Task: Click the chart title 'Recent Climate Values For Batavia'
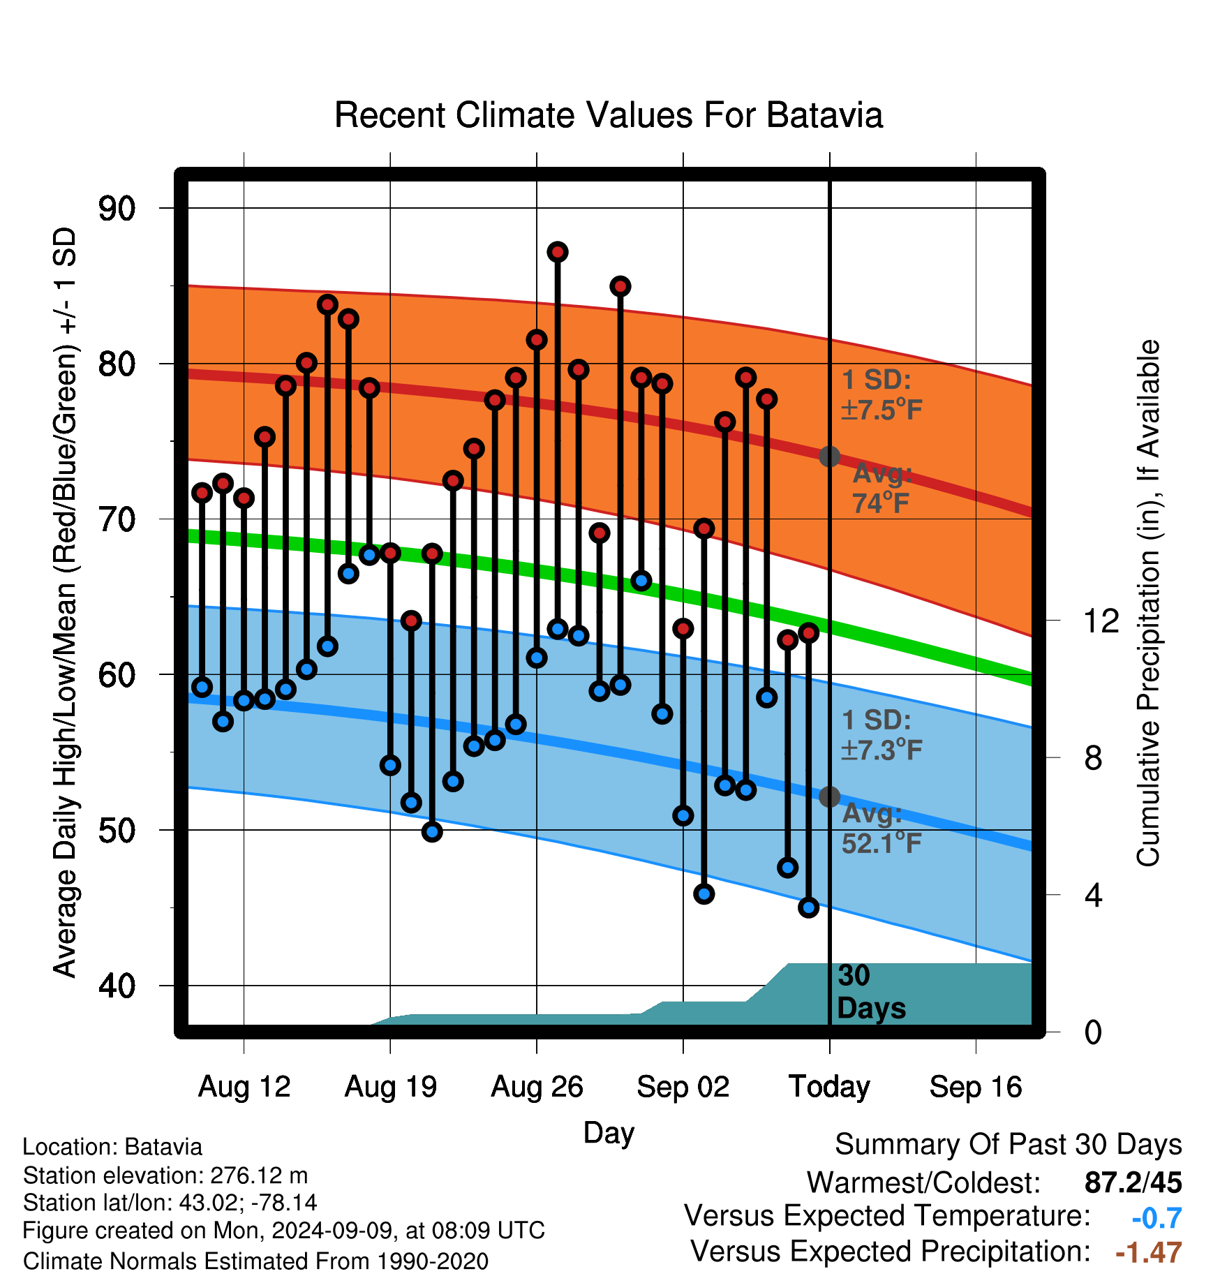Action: pyautogui.click(x=609, y=115)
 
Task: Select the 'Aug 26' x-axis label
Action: pyautogui.click(x=537, y=1087)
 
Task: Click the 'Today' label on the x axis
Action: pyautogui.click(x=829, y=1087)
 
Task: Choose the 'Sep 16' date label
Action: pyautogui.click(x=976, y=1087)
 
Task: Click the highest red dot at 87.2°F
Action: pyautogui.click(x=557, y=252)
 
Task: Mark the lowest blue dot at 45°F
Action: pyautogui.click(x=808, y=907)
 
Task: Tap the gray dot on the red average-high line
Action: pyautogui.click(x=829, y=457)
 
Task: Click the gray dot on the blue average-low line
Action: pyautogui.click(x=829, y=796)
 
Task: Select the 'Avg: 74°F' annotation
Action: pyautogui.click(x=882, y=488)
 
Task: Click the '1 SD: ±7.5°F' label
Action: pyautogui.click(x=882, y=394)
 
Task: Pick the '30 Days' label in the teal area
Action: pyautogui.click(x=871, y=992)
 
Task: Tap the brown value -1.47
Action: pyautogui.click(x=1149, y=1252)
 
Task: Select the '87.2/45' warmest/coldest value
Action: pyautogui.click(x=1133, y=1182)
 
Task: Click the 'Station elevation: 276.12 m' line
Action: pyautogui.click(x=165, y=1175)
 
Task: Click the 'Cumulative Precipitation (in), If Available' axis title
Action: pyautogui.click(x=1148, y=603)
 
